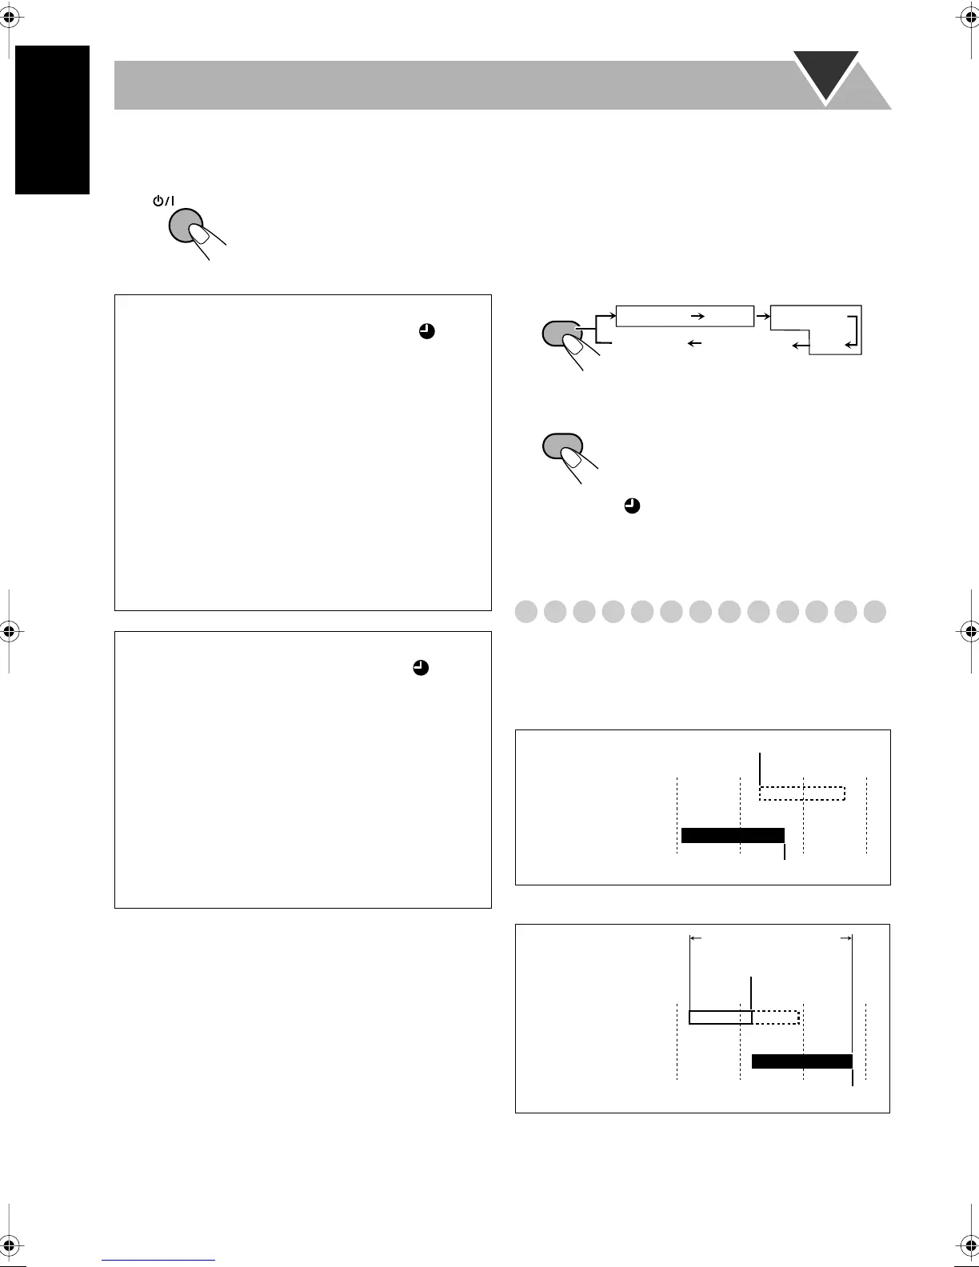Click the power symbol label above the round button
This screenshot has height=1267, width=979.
tap(163, 201)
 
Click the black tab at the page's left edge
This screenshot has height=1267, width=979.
tap(52, 120)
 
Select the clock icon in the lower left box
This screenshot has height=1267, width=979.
tap(421, 668)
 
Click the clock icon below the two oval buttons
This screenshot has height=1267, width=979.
tap(631, 506)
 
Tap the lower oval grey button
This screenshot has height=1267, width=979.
tap(562, 446)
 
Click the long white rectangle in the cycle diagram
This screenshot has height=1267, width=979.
tap(685, 316)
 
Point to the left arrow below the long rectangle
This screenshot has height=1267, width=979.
tap(694, 343)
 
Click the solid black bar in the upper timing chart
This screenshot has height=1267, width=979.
tap(732, 836)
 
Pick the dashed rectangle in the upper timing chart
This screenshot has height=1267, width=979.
tap(801, 793)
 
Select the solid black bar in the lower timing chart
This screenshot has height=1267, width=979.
tap(801, 1061)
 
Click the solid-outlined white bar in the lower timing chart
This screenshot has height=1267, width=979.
tap(721, 1017)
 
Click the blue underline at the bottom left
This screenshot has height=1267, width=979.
tap(159, 1261)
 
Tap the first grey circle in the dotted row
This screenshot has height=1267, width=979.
tap(526, 612)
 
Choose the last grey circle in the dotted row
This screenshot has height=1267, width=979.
tap(875, 612)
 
